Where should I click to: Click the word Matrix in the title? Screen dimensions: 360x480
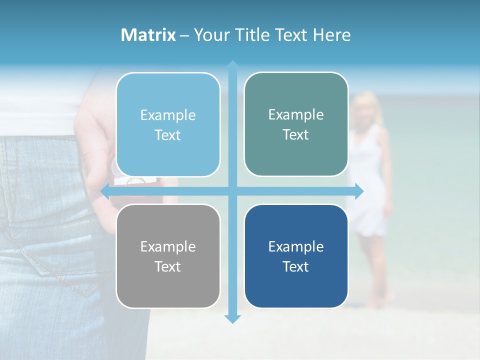point(148,35)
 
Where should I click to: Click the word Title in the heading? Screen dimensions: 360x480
point(254,35)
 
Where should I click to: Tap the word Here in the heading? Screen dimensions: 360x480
point(332,35)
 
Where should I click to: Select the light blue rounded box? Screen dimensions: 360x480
point(168,124)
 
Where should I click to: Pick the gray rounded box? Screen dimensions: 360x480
point(168,256)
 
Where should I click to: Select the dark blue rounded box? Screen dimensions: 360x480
point(296,256)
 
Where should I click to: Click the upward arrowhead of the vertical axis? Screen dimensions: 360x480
point(232,64)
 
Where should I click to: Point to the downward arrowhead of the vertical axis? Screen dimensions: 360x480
point(232,318)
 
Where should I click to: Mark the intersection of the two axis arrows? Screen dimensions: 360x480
point(232,191)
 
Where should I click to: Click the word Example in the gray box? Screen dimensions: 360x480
point(168,246)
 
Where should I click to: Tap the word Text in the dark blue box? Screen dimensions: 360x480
point(296,266)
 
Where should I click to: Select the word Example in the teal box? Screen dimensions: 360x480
point(296,114)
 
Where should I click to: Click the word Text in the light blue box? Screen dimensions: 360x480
point(168,135)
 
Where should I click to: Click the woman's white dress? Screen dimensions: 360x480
point(370,200)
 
